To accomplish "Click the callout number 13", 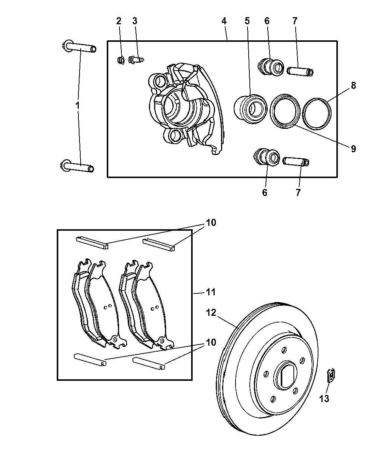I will [x=324, y=399].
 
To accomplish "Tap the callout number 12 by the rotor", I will [x=211, y=312].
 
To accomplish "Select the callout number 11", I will [x=211, y=292].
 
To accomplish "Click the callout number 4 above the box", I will [x=224, y=21].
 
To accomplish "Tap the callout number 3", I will [x=134, y=21].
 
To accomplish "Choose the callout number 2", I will [x=119, y=21].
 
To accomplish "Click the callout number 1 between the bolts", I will [x=78, y=106].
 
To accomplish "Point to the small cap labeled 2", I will [x=121, y=60].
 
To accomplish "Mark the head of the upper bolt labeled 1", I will [x=66, y=46].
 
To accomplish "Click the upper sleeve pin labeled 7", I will [x=300, y=70].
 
